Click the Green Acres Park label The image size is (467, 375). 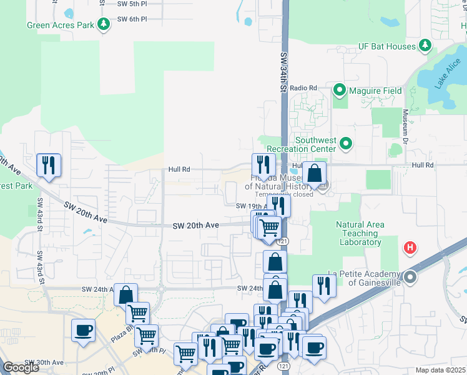pyautogui.click(x=60, y=26)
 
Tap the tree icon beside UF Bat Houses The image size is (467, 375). pyautogui.click(x=425, y=46)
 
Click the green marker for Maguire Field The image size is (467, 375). pyautogui.click(x=340, y=91)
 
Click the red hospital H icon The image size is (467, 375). pyautogui.click(x=410, y=248)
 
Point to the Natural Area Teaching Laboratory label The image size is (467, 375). pyautogui.click(x=358, y=234)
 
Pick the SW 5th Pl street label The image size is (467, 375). pyautogui.click(x=132, y=4)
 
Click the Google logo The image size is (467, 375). pyautogui.click(x=21, y=367)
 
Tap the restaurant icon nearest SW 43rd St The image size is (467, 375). pyautogui.click(x=49, y=165)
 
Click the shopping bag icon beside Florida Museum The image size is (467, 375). pyautogui.click(x=315, y=173)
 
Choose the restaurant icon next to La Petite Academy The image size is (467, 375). pyautogui.click(x=324, y=286)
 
